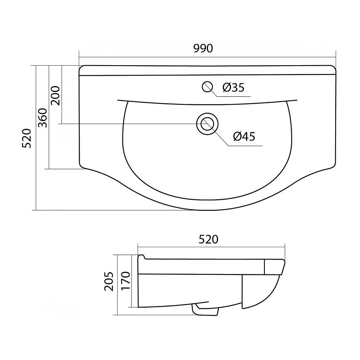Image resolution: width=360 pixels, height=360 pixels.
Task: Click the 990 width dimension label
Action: click(x=203, y=48)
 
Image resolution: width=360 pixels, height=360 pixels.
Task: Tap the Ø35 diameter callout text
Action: click(x=234, y=88)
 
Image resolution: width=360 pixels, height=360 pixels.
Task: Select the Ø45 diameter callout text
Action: click(x=244, y=136)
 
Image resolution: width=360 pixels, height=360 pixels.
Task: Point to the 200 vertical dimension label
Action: click(x=55, y=96)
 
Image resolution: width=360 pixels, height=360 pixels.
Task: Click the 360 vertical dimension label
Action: click(x=42, y=118)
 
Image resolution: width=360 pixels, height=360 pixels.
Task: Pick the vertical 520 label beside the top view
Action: click(x=26, y=138)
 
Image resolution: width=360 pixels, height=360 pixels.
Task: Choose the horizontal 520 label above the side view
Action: click(x=208, y=240)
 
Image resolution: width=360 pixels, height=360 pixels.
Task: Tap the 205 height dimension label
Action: click(x=109, y=282)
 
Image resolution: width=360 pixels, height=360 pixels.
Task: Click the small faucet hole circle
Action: click(x=207, y=87)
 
